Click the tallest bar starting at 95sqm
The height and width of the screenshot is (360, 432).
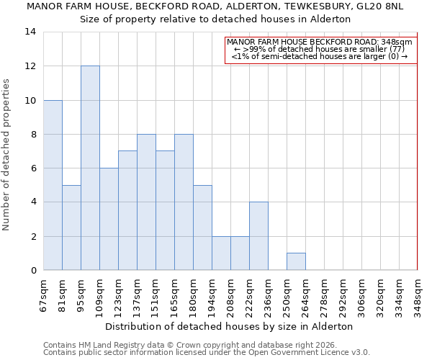90,168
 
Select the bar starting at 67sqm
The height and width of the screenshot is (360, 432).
53,185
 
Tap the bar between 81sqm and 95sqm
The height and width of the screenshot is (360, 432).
71,228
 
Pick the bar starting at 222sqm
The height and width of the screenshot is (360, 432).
258,236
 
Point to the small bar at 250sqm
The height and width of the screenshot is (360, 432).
296,262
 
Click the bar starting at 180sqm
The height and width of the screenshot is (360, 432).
202,228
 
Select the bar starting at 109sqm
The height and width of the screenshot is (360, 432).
109,219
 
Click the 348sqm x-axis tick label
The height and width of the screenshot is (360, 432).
418,294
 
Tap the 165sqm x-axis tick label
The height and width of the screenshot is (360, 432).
174,294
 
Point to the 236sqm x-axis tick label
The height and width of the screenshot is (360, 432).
268,294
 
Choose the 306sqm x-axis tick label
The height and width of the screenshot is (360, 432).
361,294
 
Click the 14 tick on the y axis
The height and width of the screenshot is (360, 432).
30,32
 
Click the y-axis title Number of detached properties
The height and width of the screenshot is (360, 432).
7,155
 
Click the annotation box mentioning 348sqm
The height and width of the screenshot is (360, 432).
320,50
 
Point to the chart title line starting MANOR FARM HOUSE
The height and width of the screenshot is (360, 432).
215,6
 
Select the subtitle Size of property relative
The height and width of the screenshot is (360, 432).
215,19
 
